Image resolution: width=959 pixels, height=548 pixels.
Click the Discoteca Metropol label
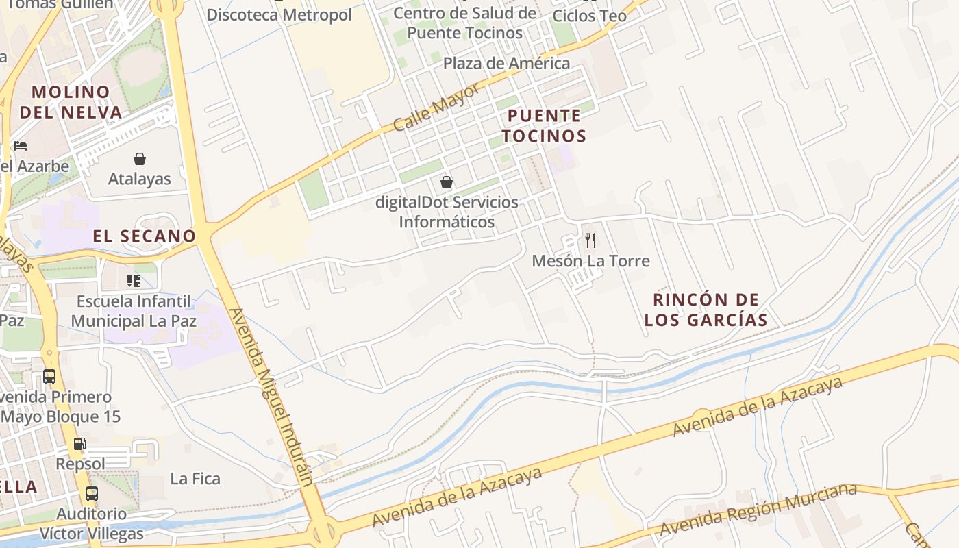(279, 15)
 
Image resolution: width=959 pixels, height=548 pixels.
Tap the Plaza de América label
(506, 64)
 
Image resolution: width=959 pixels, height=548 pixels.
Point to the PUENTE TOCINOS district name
(544, 125)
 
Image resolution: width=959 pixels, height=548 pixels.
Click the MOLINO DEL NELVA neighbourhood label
(71, 102)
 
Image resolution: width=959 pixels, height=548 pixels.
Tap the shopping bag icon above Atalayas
(140, 159)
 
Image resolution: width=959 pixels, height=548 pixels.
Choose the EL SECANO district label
(145, 236)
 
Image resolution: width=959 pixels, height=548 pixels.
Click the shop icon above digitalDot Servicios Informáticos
(447, 182)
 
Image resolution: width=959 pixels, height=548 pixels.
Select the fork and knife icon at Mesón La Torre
(590, 240)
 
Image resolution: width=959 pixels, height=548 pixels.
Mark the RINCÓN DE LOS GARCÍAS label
(706, 310)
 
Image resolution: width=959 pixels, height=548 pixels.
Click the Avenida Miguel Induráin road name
(271, 397)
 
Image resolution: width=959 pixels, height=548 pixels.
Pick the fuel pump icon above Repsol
(80, 444)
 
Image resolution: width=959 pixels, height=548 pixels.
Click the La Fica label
(195, 479)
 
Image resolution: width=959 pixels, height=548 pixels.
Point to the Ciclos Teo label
(589, 16)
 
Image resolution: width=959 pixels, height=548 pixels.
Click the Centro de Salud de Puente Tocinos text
(465, 23)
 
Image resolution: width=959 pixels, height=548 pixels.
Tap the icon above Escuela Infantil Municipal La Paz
(134, 281)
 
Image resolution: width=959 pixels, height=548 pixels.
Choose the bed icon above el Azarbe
(21, 146)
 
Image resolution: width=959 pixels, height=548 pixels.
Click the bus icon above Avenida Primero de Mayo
(49, 376)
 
